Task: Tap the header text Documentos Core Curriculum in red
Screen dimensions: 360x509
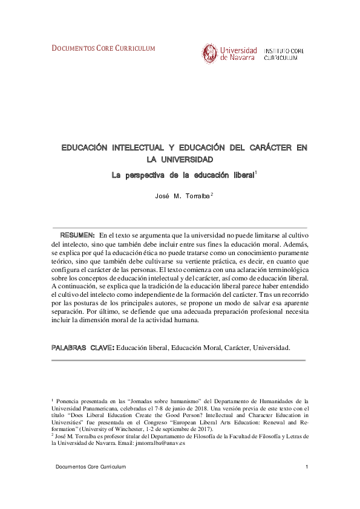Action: click(x=103, y=48)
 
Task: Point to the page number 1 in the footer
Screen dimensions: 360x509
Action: click(x=307, y=467)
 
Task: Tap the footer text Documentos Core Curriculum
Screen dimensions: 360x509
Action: click(x=91, y=467)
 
